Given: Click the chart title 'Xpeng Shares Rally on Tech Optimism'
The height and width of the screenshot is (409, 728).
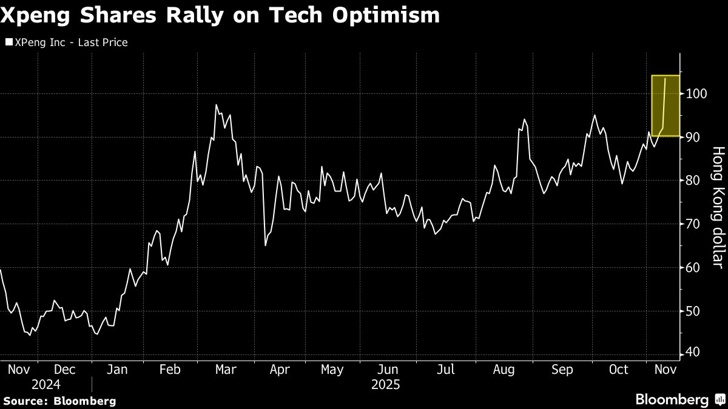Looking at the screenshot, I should pyautogui.click(x=220, y=15).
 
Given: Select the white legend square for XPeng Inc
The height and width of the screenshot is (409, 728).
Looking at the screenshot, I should pyautogui.click(x=8, y=42).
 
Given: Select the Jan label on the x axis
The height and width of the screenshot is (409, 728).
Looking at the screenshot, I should pyautogui.click(x=117, y=369).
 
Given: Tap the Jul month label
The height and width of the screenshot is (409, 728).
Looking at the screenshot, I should pyautogui.click(x=446, y=369).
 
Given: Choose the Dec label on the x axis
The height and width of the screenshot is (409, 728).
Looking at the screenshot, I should pyautogui.click(x=64, y=369).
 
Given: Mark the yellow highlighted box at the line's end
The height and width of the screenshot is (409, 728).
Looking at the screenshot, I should pyautogui.click(x=665, y=106).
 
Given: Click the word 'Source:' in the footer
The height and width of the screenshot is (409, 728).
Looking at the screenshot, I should pyautogui.click(x=25, y=401).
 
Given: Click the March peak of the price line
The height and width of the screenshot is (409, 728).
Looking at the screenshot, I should pyautogui.click(x=217, y=105).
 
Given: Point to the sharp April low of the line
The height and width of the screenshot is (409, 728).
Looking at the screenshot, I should pyautogui.click(x=266, y=245).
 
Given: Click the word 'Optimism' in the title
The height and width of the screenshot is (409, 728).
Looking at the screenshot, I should pyautogui.click(x=389, y=15).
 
